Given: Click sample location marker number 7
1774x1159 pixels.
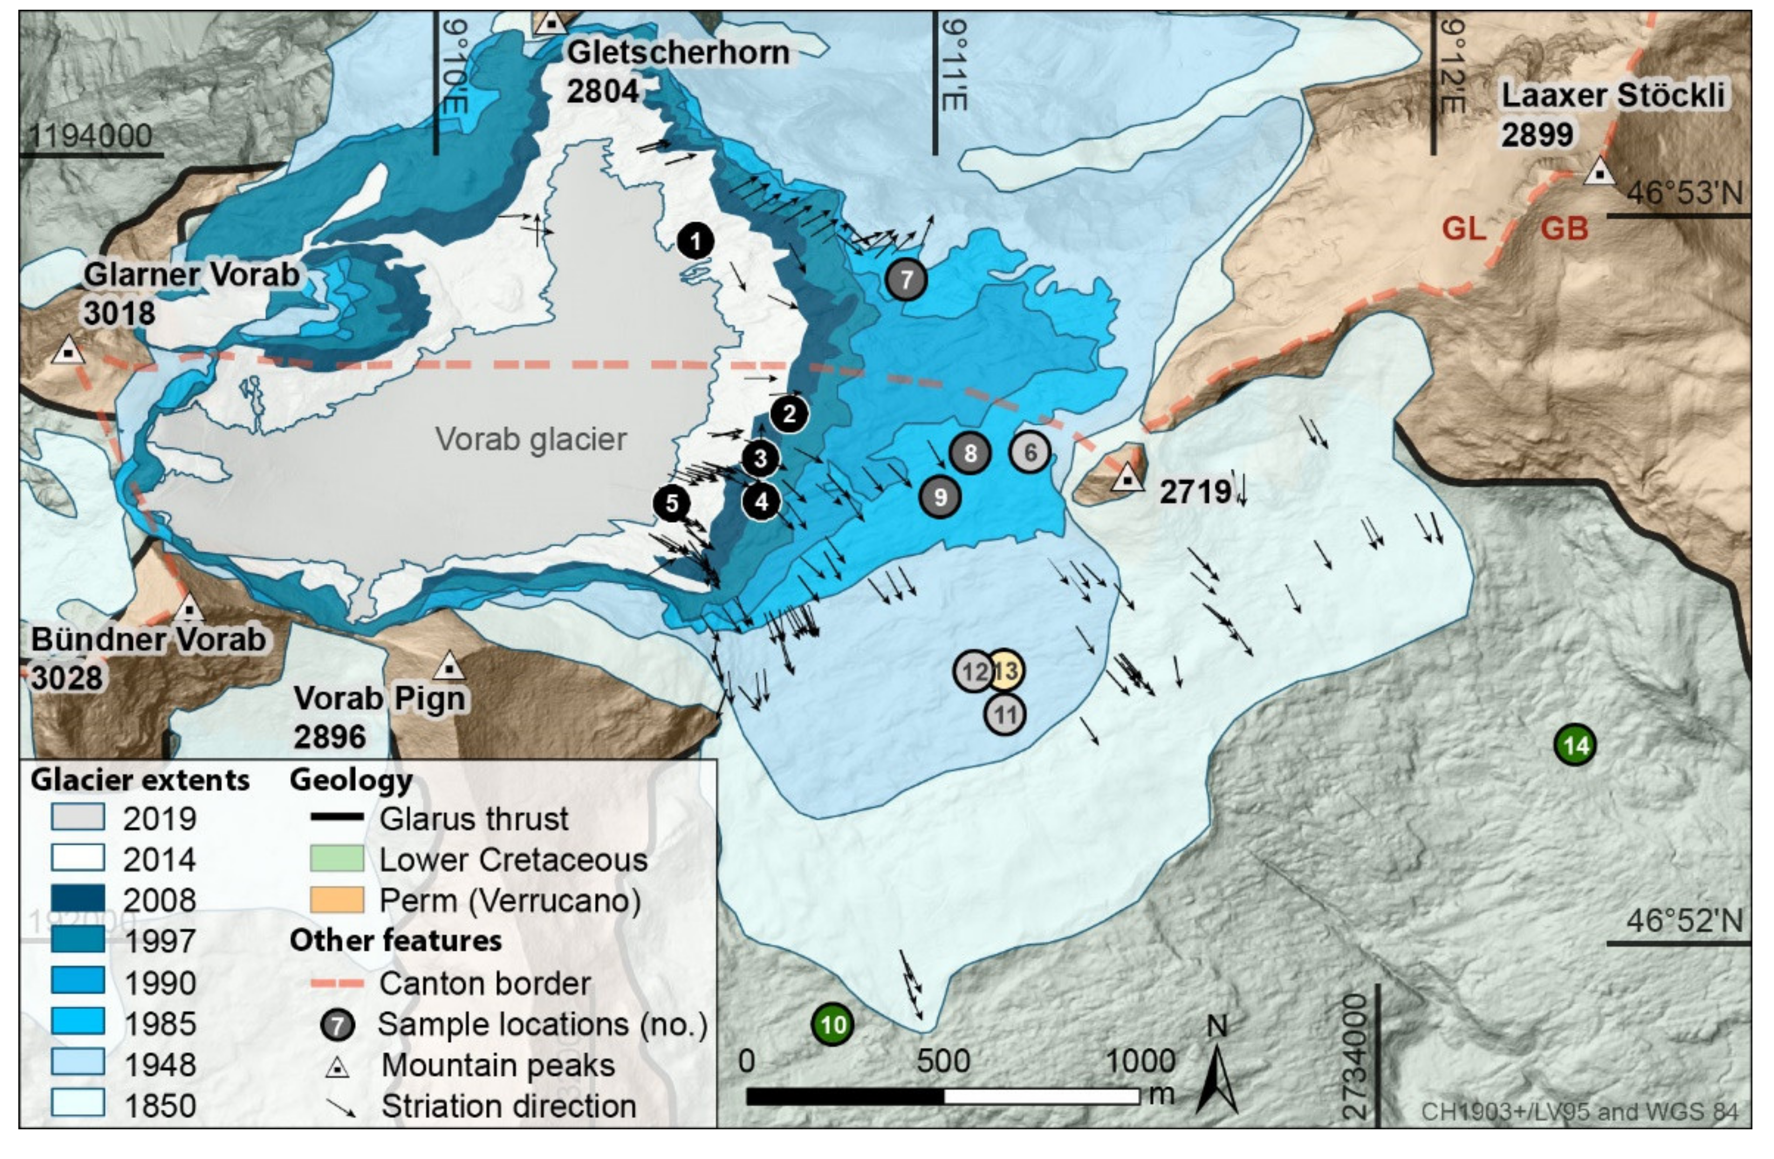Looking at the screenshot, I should pyautogui.click(x=906, y=279).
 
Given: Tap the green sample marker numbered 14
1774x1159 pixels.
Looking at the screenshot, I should pyautogui.click(x=1575, y=745).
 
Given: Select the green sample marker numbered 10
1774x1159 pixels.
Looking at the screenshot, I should pyautogui.click(x=833, y=1025).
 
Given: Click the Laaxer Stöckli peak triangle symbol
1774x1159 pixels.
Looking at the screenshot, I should pyautogui.click(x=1599, y=173).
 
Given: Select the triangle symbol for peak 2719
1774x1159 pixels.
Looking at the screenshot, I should pyautogui.click(x=1127, y=478).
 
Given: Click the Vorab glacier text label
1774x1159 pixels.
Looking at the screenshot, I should pyautogui.click(x=530, y=439).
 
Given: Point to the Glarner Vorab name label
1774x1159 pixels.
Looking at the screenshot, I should pyautogui.click(x=191, y=275).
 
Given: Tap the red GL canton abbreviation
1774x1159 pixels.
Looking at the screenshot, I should pyautogui.click(x=1464, y=228).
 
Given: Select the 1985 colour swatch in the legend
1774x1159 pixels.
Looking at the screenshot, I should pyautogui.click(x=78, y=1021).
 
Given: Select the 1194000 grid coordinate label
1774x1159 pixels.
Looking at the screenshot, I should pyautogui.click(x=90, y=136).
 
